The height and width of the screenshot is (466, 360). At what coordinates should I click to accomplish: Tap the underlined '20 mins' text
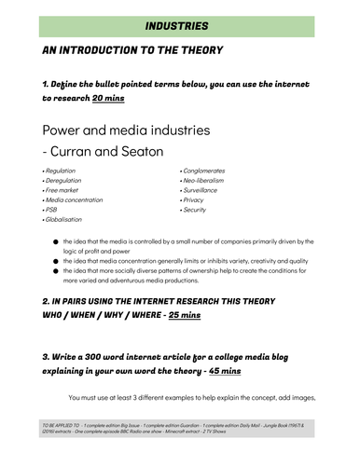click(108, 97)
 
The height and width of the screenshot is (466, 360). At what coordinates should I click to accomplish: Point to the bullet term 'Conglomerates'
click(207, 171)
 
